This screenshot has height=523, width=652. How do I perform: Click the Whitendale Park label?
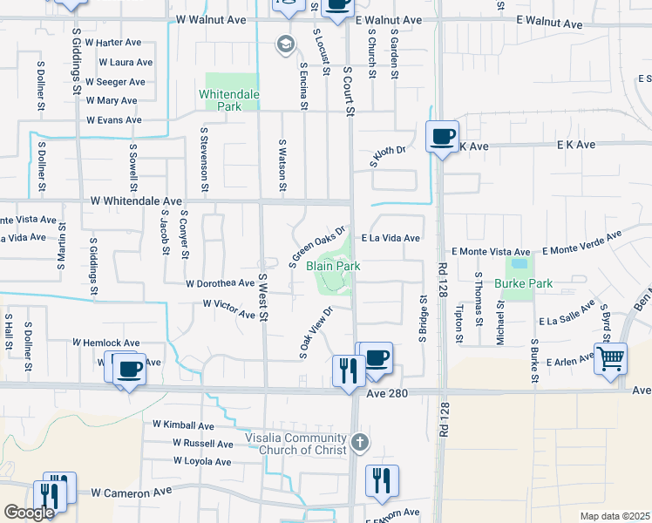coord(231,99)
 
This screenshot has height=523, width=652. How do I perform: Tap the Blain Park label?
coord(333,266)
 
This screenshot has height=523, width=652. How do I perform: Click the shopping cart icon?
coord(610,357)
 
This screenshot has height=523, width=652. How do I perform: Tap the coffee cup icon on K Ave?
coord(443,137)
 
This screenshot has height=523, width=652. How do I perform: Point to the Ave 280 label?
coord(388,393)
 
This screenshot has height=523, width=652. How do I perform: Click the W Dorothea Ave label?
coord(220,283)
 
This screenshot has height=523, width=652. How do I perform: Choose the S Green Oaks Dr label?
coord(312,243)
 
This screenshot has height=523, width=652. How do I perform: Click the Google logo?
coord(30,513)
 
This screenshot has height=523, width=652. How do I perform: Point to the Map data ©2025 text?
coord(614,516)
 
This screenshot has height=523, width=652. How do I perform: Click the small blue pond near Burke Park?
coord(520,262)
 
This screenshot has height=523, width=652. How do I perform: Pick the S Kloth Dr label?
coord(388,156)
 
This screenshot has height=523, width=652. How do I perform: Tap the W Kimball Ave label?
coord(183,425)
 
